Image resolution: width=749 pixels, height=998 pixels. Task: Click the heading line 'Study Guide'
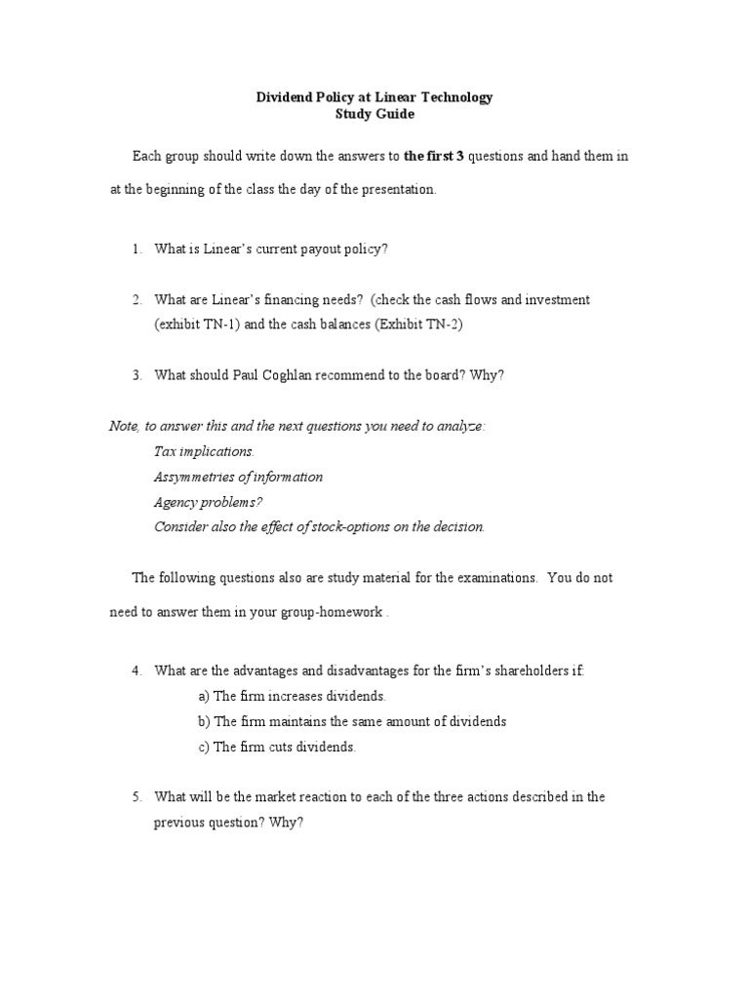tap(374, 114)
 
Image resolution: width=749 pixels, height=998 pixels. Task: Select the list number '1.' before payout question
tap(138, 249)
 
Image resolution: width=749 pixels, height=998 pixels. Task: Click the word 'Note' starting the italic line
tap(122, 426)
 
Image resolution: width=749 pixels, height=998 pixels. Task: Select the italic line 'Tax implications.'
tap(204, 451)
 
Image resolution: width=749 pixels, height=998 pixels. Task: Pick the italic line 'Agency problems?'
tap(209, 502)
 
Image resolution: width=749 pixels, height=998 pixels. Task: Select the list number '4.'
tap(138, 671)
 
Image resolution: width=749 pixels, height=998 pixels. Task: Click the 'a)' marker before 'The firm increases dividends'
tap(203, 696)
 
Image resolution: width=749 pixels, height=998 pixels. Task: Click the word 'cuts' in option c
tap(283, 747)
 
